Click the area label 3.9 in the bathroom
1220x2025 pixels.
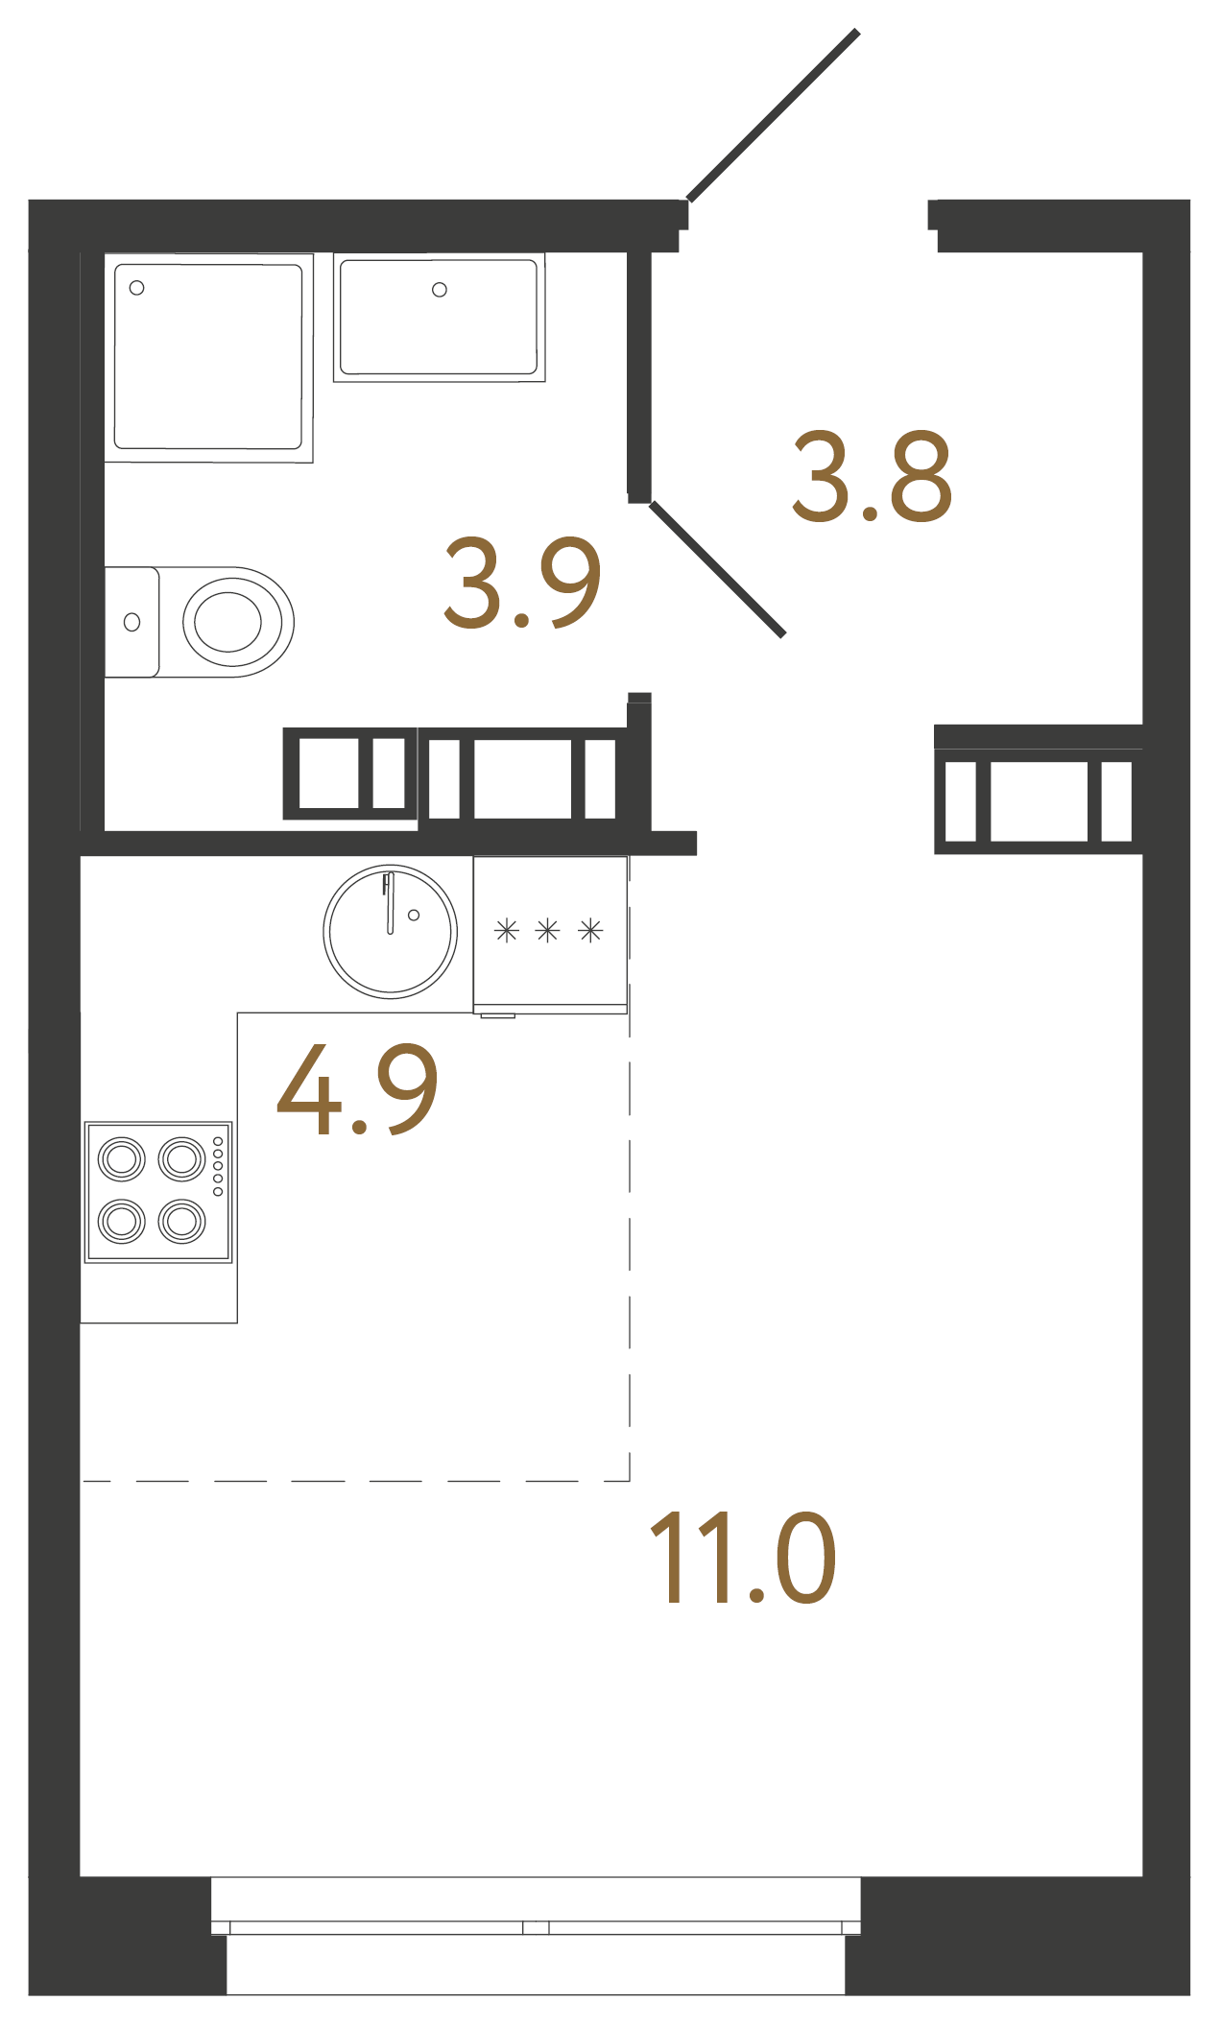click(523, 583)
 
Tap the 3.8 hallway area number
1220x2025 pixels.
click(872, 477)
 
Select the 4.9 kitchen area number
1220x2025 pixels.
click(357, 1089)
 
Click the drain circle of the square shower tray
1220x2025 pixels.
click(137, 288)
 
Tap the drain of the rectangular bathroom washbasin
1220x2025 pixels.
click(440, 290)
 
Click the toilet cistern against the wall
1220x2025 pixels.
click(132, 622)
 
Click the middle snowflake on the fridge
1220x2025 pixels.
click(547, 930)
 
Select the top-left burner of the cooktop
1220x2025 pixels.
click(122, 1159)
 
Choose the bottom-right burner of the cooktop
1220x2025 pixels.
click(182, 1221)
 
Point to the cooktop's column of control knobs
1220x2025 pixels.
click(218, 1166)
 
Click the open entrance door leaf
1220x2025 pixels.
click(773, 115)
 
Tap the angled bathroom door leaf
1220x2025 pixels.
click(718, 569)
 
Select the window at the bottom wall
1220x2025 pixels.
click(536, 1926)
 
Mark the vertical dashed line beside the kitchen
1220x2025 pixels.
click(630, 1248)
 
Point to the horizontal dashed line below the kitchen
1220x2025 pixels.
click(355, 1481)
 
